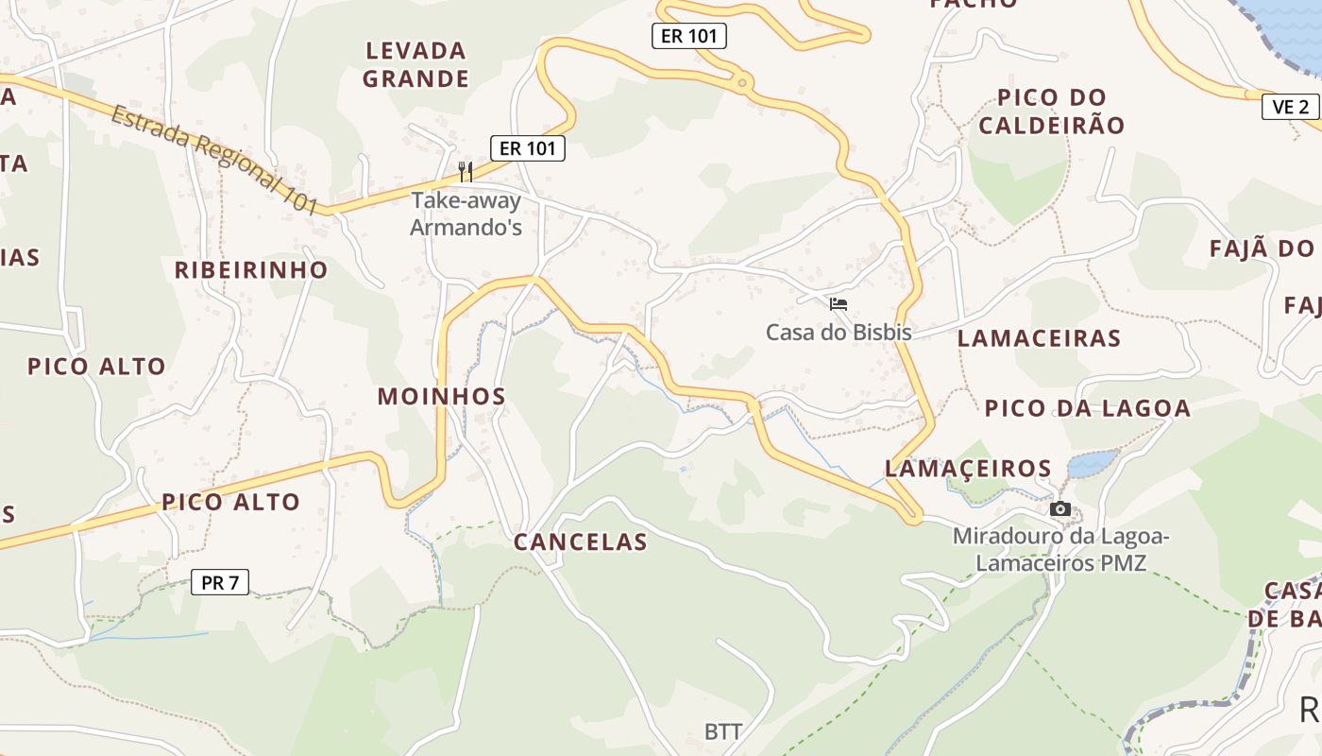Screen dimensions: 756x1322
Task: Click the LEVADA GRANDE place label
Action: tap(415, 64)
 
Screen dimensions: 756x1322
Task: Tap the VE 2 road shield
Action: tap(1290, 107)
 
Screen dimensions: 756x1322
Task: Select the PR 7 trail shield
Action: tap(220, 583)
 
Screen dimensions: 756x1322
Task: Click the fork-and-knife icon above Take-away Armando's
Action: tap(466, 171)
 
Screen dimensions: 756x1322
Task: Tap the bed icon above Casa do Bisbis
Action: tap(838, 304)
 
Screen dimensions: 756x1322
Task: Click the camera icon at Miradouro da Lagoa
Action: tap(1060, 509)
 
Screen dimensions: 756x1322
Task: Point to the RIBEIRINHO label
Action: tap(251, 270)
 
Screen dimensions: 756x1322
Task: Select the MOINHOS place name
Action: tap(442, 396)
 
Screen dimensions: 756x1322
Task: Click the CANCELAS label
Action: tap(581, 542)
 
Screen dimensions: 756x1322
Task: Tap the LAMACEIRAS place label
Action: tap(1039, 338)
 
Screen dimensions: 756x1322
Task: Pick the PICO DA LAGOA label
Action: tap(1088, 408)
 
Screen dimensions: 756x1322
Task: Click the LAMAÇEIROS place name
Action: tap(968, 469)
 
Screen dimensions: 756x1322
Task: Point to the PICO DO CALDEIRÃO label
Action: tap(1052, 112)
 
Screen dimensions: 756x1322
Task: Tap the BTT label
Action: tap(723, 732)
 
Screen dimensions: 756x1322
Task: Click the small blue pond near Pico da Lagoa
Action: tap(1093, 463)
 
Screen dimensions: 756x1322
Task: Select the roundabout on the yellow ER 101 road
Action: tap(744, 84)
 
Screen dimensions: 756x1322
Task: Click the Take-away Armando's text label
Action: tap(466, 215)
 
